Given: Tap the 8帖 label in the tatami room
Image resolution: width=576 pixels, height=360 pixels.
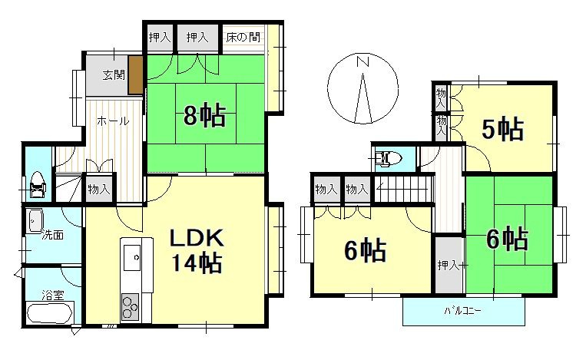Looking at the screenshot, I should (x=204, y=115).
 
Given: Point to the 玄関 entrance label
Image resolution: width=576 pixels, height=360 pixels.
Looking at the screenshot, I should (x=115, y=77).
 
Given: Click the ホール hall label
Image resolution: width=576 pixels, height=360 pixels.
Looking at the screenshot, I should (x=112, y=121).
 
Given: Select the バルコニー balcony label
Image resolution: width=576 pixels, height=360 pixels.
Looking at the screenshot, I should (x=463, y=311).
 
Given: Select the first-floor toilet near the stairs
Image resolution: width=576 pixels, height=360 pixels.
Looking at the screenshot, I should (x=37, y=184).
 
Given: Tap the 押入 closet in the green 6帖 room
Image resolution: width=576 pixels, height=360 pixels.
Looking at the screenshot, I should (x=448, y=266).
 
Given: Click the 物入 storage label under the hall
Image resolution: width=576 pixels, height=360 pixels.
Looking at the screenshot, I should (x=99, y=189).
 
